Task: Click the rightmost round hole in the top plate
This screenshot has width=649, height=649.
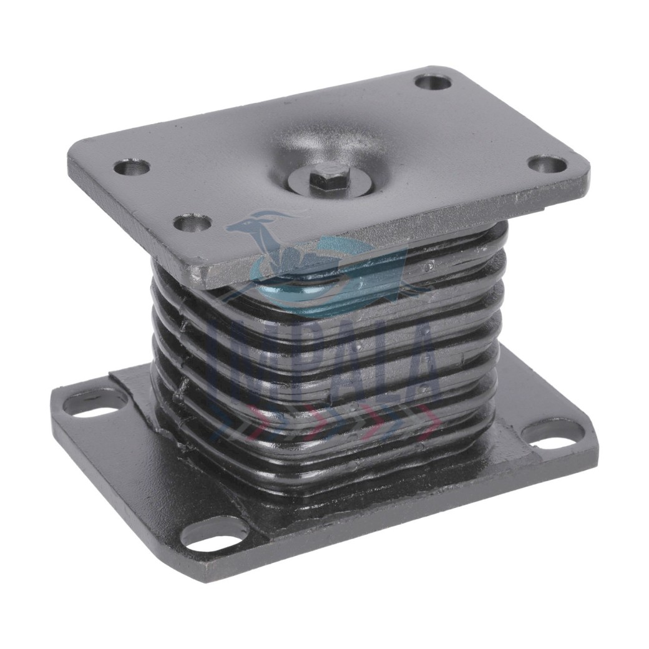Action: pyautogui.click(x=547, y=164)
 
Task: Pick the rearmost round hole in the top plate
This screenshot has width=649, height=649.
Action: pyautogui.click(x=432, y=82)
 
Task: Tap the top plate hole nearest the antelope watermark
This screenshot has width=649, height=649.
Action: pyautogui.click(x=192, y=222)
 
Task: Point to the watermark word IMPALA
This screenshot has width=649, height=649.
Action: pyautogui.click(x=324, y=362)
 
